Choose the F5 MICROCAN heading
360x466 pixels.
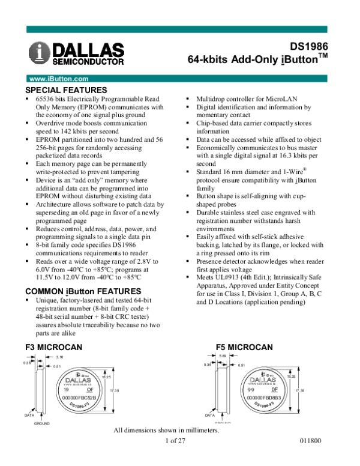click(x=244, y=347)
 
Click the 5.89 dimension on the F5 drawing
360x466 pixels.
click(x=222, y=357)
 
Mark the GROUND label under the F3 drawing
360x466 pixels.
click(x=41, y=423)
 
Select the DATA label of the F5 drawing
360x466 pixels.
click(x=209, y=415)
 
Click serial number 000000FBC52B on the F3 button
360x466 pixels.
click(x=79, y=398)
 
